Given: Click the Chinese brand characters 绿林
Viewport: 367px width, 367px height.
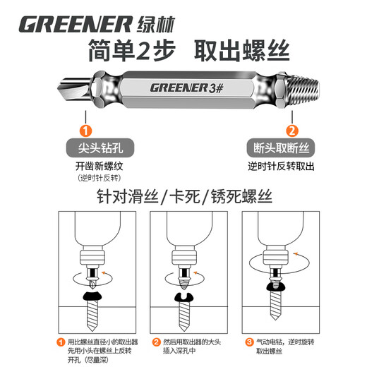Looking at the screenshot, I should click(x=154, y=23).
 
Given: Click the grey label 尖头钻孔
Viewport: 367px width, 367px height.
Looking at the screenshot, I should click(x=85, y=150).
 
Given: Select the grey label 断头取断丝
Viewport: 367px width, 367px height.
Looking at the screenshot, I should click(x=282, y=150).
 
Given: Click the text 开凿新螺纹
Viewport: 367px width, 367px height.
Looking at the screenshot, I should click(x=85, y=167).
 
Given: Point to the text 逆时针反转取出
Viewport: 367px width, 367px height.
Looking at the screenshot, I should click(x=282, y=167).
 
